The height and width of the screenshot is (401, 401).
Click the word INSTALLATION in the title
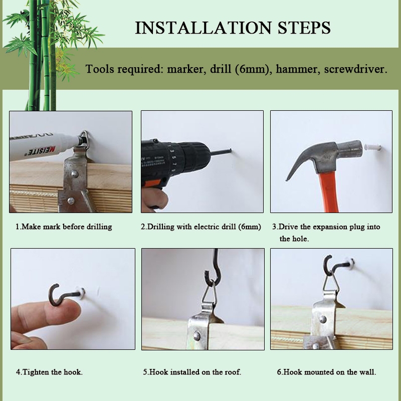coord(203,28)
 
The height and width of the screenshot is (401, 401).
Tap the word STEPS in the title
coord(304,28)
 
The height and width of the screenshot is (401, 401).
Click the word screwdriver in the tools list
coord(356,69)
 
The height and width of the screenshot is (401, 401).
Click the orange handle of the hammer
coord(329,192)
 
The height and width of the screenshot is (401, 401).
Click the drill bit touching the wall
coord(221,152)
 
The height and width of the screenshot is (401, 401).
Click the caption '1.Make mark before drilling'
coord(64,227)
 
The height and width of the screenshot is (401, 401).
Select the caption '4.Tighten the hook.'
coord(49,372)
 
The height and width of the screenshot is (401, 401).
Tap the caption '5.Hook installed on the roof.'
coord(192,372)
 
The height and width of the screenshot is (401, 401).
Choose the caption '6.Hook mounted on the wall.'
coord(327,372)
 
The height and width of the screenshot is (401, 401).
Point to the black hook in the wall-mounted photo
coord(335,265)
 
